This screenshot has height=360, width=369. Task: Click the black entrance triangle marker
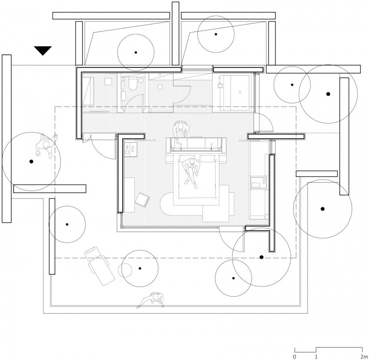click(43, 50)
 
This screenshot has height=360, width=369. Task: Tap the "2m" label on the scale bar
click(364, 357)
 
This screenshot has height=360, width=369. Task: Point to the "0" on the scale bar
click(295, 357)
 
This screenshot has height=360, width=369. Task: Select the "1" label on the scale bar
click(316, 357)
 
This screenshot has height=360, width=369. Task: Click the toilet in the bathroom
click(133, 83)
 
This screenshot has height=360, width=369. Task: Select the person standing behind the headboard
click(181, 129)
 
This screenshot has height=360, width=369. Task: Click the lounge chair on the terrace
click(100, 266)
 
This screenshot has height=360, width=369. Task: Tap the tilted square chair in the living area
click(142, 200)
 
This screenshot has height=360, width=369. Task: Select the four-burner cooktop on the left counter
click(131, 149)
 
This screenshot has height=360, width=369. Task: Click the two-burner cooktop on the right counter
click(259, 182)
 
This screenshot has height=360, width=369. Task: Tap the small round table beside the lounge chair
click(125, 270)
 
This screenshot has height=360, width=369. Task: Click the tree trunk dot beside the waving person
click(31, 162)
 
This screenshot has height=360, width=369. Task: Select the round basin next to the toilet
click(141, 80)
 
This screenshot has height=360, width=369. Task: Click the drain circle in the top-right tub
click(240, 93)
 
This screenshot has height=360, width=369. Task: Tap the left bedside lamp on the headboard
click(181, 146)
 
